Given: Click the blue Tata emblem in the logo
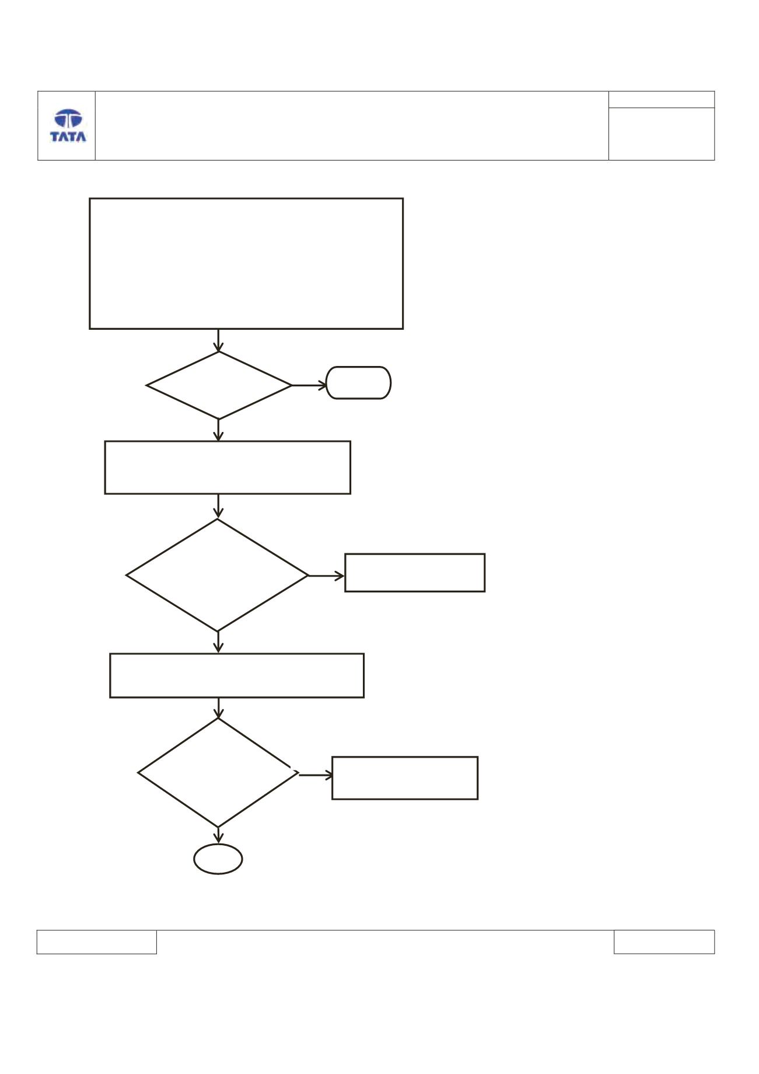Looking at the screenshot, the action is [x=68, y=119].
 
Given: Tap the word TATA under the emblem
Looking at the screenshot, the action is [x=68, y=137].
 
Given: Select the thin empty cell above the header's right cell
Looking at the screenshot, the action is [x=662, y=99].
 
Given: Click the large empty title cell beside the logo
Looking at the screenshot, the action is [x=352, y=125].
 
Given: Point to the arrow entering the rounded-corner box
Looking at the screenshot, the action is [x=309, y=385].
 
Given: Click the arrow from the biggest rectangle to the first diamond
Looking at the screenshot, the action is [x=219, y=340].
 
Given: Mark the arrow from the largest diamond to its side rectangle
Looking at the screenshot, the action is [x=327, y=576].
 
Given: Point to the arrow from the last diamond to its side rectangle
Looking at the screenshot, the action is [x=316, y=775].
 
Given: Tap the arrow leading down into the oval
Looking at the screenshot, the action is [x=219, y=835].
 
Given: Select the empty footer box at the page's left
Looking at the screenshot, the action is [x=97, y=942].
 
